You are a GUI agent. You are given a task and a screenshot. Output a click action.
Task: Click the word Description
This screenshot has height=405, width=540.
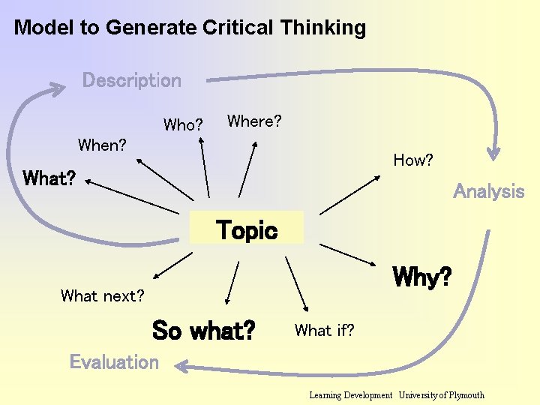click(131, 80)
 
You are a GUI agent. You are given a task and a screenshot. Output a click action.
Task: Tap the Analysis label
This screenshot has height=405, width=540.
click(488, 191)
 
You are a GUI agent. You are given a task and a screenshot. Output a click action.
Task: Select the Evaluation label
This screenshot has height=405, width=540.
click(114, 362)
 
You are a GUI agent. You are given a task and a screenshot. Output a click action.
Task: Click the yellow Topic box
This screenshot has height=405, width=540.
click(246, 229)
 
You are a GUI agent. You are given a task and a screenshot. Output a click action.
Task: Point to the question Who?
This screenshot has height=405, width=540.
click(183, 124)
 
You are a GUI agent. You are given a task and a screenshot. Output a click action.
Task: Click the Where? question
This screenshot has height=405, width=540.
click(254, 121)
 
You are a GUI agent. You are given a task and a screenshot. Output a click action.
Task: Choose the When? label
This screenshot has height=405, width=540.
click(102, 145)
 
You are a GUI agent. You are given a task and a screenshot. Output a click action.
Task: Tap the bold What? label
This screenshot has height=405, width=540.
click(49, 178)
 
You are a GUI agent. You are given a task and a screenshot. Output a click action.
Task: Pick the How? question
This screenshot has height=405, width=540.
click(413, 160)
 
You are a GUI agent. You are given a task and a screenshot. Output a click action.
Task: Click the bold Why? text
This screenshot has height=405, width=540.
click(422, 277)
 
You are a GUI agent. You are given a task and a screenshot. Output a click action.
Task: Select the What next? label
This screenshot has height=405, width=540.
click(103, 295)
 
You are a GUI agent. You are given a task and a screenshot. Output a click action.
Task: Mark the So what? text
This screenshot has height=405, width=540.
click(203, 329)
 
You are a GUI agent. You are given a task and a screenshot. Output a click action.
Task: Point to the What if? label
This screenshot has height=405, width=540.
click(325, 329)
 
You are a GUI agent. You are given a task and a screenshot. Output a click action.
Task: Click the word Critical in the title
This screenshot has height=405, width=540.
click(238, 28)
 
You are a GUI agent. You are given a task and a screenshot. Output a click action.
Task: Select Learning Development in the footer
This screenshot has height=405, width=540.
click(350, 395)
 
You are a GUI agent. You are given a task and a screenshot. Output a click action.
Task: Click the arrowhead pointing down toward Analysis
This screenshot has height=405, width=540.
click(493, 153)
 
